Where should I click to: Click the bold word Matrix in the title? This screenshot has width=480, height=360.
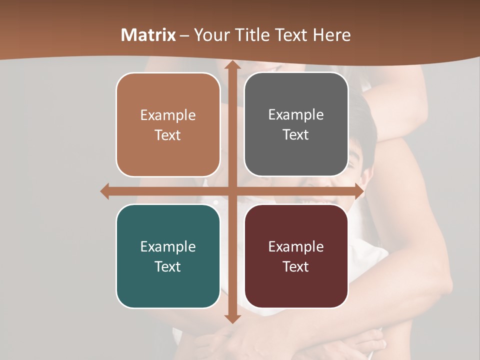coord(148,35)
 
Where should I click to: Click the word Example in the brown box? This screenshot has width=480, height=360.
coord(168,115)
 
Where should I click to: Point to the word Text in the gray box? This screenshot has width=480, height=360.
coord(296,135)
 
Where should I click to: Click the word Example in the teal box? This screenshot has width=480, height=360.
coord(168,246)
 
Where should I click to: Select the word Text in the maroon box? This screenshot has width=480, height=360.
coord(296,266)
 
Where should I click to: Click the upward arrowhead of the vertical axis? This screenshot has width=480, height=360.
coord(232,65)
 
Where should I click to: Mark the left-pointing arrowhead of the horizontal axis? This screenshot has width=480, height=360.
coord(105,191)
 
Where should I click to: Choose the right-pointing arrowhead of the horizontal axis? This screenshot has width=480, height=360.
coord(359,191)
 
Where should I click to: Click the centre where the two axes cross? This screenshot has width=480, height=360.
coord(232,191)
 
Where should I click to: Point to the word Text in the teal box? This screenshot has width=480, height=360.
coord(168,266)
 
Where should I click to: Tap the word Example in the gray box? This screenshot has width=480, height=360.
coord(296,115)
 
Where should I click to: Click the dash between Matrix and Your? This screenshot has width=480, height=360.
coord(184,35)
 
